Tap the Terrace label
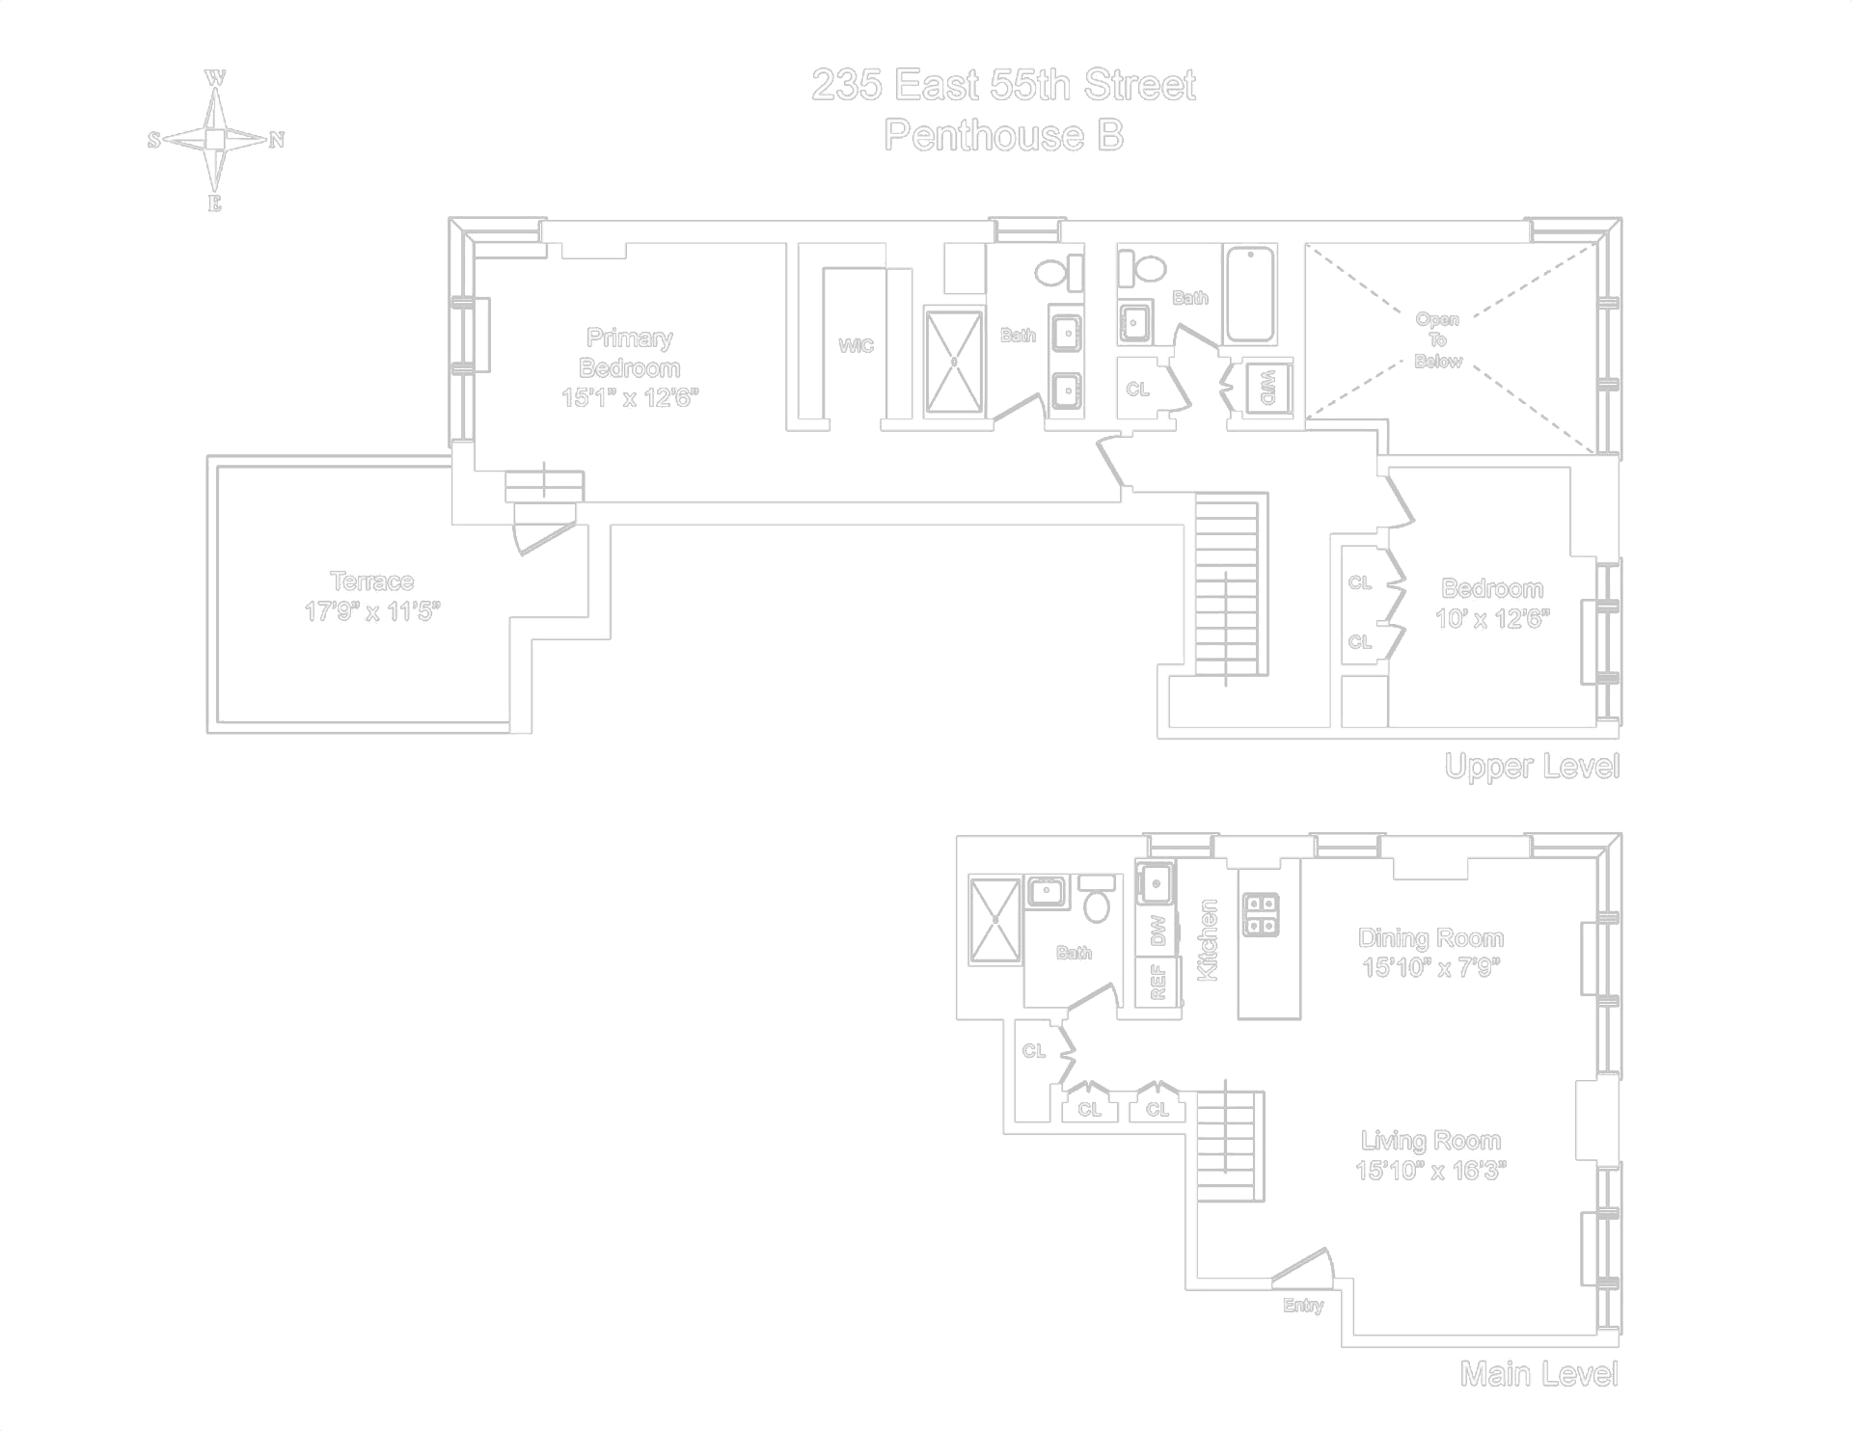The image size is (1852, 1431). (371, 581)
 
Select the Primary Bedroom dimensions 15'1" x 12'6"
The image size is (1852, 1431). (629, 398)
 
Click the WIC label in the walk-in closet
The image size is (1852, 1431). (856, 345)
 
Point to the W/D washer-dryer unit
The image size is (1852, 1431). (1267, 387)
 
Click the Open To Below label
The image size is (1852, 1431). (1437, 340)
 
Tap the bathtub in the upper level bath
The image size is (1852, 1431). (1250, 294)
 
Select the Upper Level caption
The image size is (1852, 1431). (1531, 767)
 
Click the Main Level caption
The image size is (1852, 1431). (1539, 1374)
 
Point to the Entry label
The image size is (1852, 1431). (1302, 1306)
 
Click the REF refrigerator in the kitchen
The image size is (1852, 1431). (1158, 983)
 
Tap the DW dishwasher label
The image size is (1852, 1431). (1158, 931)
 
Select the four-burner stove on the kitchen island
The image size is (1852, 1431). (1261, 914)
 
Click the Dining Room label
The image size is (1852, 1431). (1430, 938)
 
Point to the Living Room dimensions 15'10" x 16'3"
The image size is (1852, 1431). (1430, 1171)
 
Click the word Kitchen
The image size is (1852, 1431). (1208, 939)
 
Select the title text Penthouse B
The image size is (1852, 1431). (1003, 136)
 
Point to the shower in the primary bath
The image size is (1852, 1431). (954, 362)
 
